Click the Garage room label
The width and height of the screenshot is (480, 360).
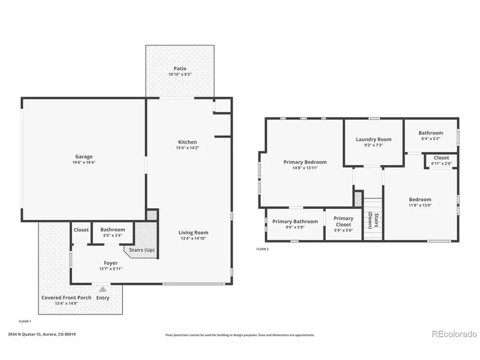84,156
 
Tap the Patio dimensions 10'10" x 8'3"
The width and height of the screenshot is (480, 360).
180,74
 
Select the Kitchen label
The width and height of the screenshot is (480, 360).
187,142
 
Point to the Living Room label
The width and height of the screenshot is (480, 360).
193,233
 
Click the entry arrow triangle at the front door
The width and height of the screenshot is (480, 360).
103,289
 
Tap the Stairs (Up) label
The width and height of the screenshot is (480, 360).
142,250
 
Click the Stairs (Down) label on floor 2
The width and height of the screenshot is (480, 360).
374,220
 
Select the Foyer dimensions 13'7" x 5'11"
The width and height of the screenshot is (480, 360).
111,269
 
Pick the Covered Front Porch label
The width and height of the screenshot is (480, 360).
66,298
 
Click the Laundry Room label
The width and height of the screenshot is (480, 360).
374,139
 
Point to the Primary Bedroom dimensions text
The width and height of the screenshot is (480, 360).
305,167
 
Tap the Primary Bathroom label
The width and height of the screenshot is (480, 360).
295,222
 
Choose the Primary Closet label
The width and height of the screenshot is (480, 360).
343,222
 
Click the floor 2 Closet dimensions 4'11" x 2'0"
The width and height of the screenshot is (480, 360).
442,163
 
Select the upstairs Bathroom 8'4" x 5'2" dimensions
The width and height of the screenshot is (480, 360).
431,138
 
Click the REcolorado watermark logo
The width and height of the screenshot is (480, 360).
454,334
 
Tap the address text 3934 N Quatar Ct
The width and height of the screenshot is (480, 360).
24,334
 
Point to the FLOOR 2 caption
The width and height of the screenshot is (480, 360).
262,249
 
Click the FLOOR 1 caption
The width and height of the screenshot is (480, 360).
25,322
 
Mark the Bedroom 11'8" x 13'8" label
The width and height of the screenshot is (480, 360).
420,202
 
